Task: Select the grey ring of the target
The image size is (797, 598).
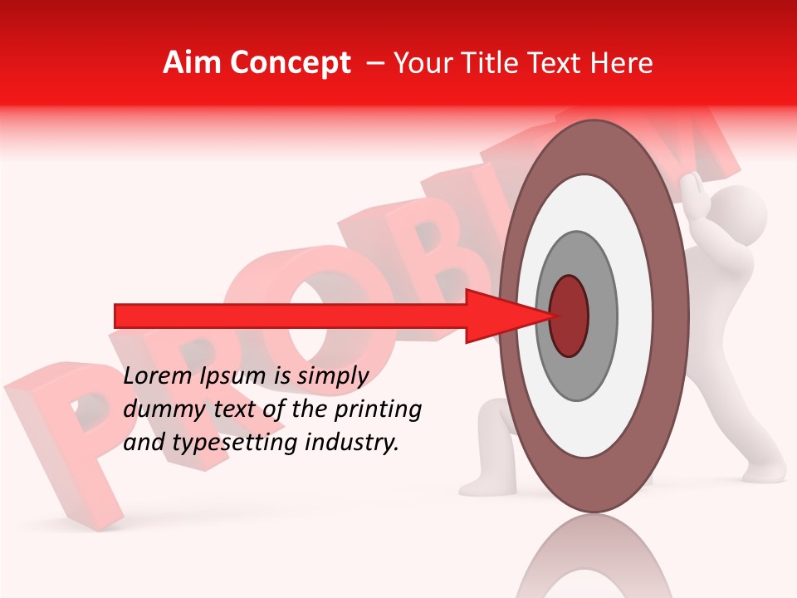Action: coord(602,316)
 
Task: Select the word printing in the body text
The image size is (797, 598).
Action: coord(383,409)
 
